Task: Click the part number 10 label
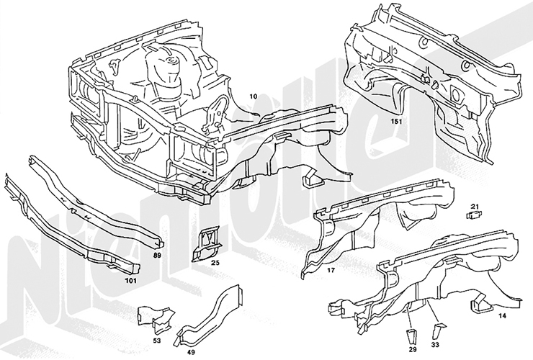[x=253, y=95]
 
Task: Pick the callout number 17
[x=332, y=271]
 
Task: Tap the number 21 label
[x=475, y=207]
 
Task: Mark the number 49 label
[x=191, y=353]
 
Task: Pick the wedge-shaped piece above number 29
[x=413, y=333]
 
